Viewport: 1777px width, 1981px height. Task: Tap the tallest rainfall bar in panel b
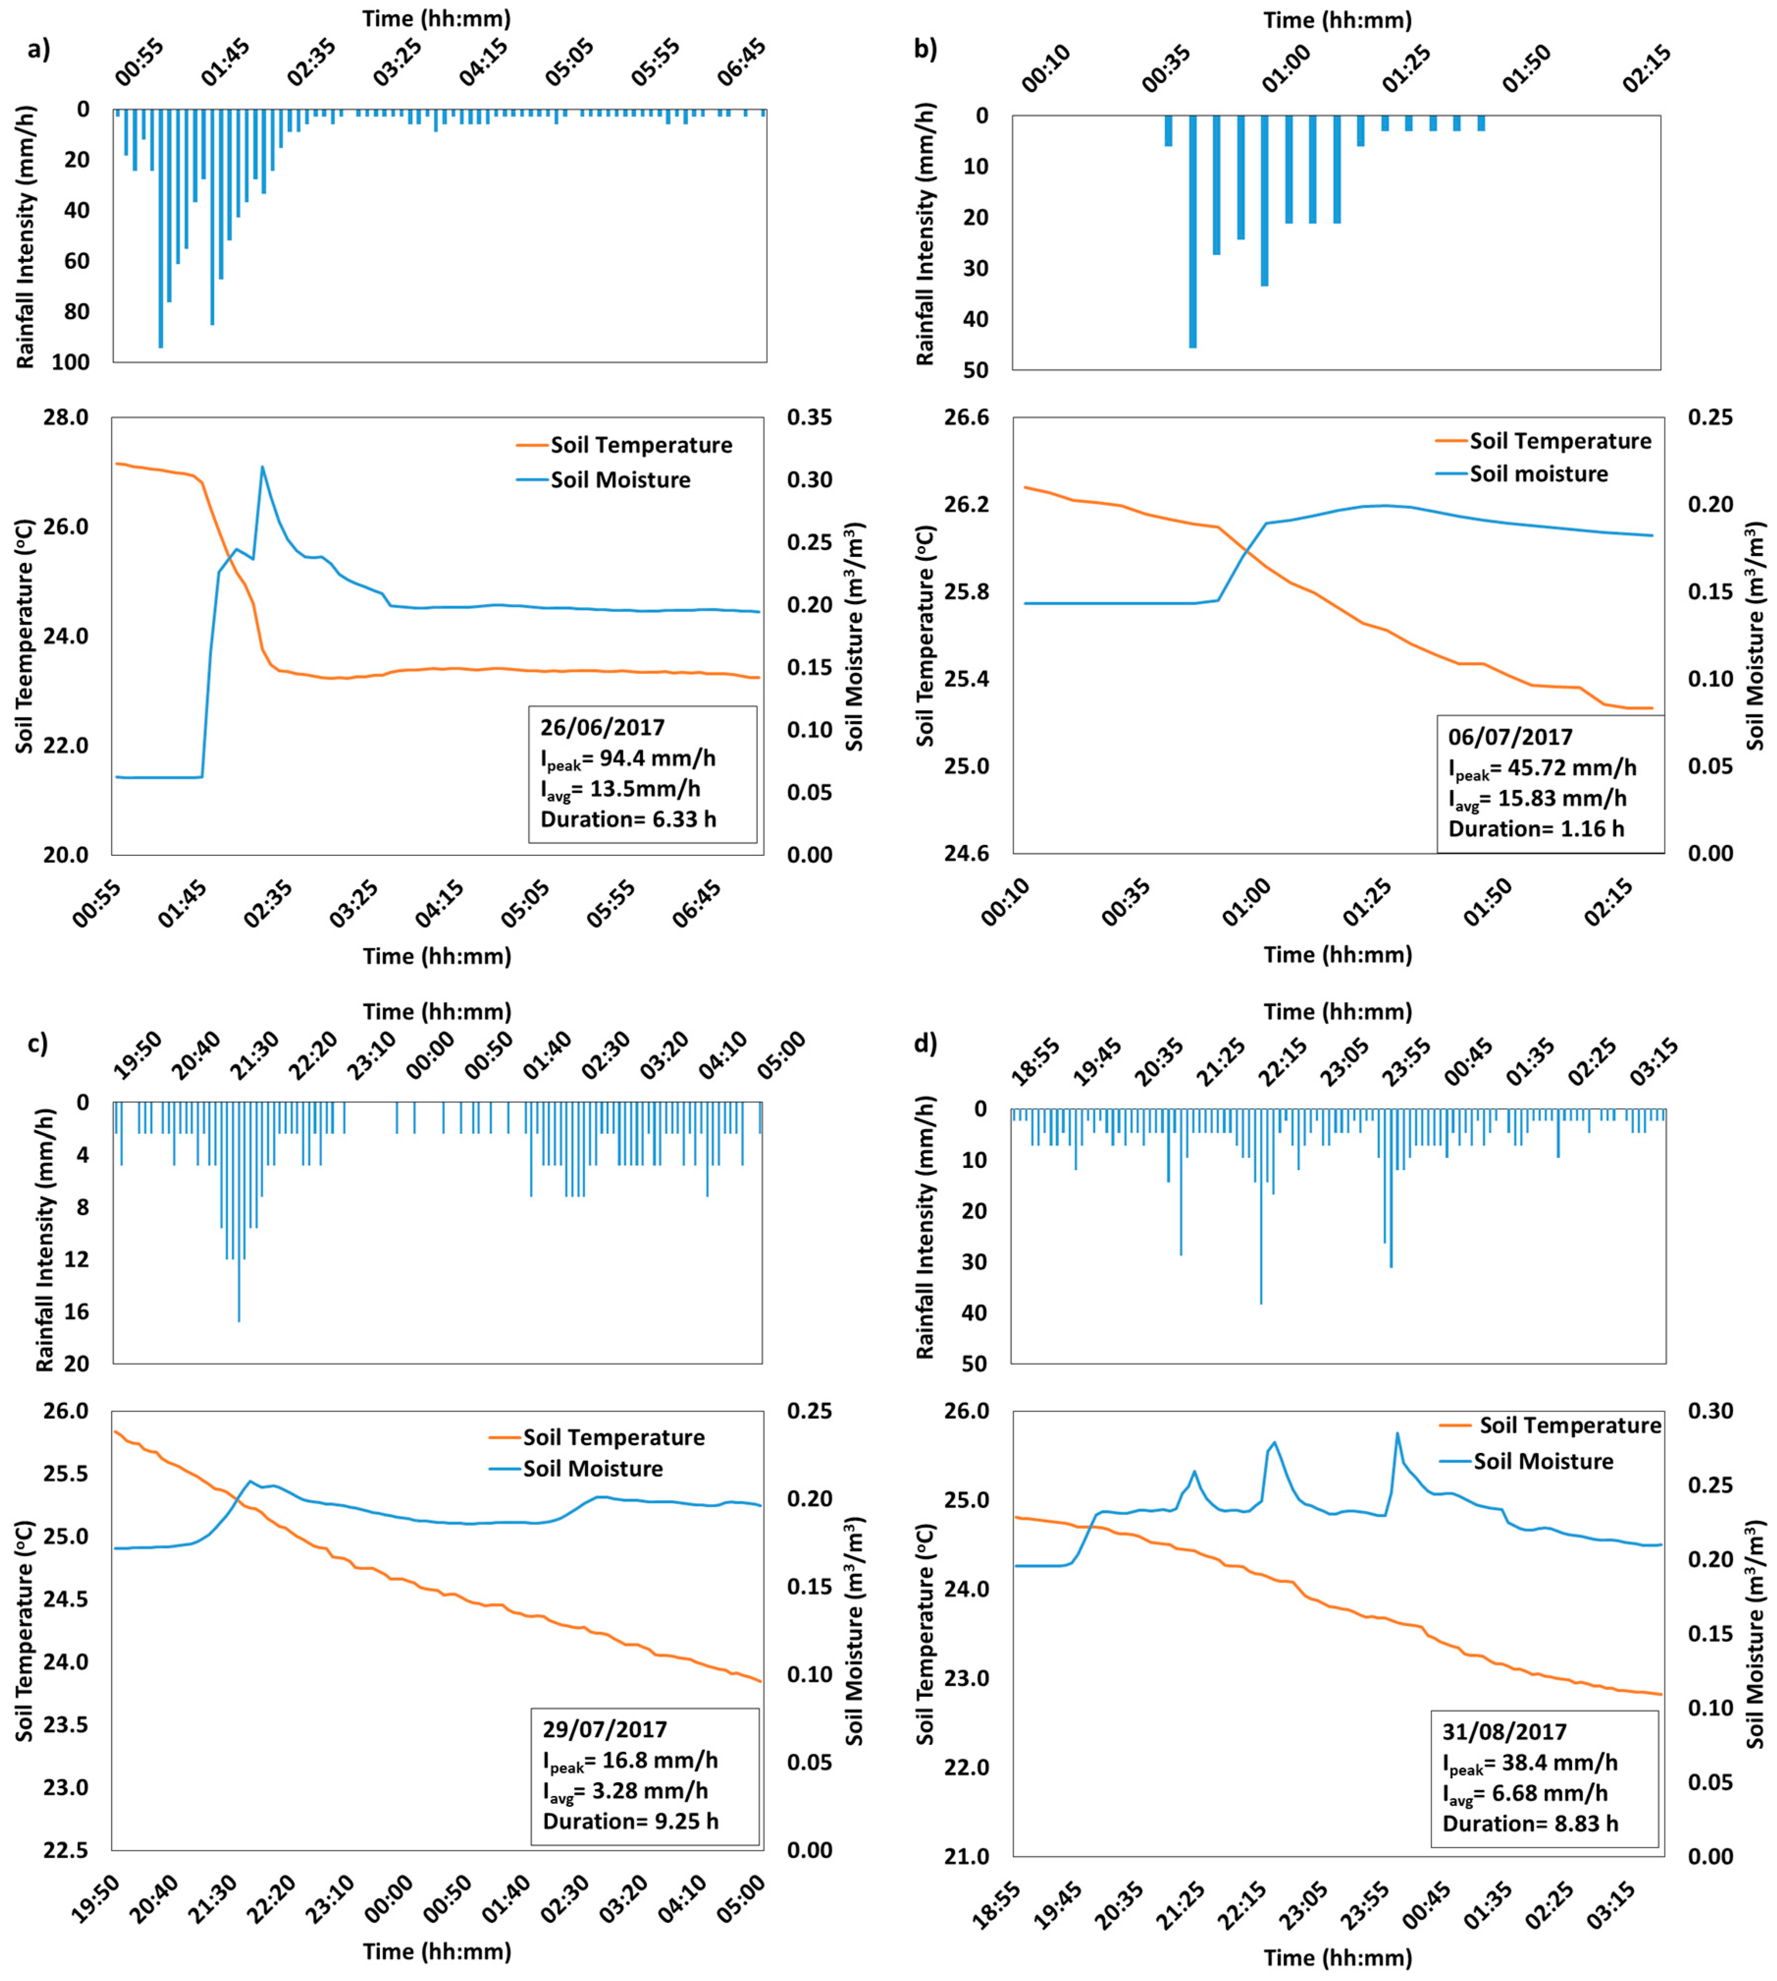(1192, 232)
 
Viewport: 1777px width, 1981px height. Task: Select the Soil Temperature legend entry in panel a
(625, 445)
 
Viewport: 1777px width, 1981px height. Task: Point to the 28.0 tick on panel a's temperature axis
(66, 418)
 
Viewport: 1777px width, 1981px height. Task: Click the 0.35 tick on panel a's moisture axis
(810, 418)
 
